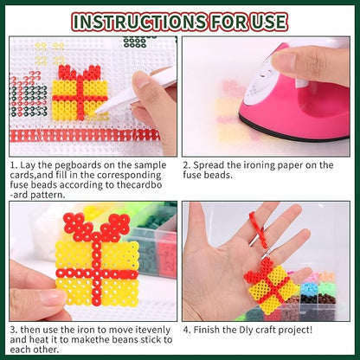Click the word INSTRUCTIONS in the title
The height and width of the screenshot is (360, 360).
pyautogui.click(x=140, y=22)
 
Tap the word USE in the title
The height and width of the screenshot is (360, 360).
pyautogui.click(x=267, y=22)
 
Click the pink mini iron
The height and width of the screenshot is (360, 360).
pyautogui.click(x=295, y=93)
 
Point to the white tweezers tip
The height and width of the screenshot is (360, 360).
pyautogui.click(x=98, y=111)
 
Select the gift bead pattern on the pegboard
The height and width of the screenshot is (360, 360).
pyautogui.click(x=80, y=93)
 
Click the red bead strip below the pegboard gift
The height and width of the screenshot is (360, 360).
pyautogui.click(x=85, y=135)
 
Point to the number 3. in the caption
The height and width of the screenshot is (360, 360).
pyautogui.click(x=14, y=330)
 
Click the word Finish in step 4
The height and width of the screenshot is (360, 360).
pyautogui.click(x=209, y=330)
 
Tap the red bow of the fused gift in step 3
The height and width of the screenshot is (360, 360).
pyautogui.click(x=97, y=228)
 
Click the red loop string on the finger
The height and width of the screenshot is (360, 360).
pyautogui.click(x=259, y=230)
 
